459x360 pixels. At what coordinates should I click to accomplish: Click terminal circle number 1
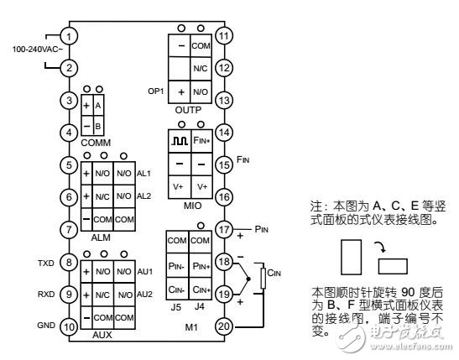70,36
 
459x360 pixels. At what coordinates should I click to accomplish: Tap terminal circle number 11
223,36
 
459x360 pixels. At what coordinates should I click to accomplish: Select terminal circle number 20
223,326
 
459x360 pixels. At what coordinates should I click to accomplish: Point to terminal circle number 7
70,229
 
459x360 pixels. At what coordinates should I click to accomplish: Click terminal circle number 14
223,133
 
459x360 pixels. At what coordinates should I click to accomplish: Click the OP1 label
156,90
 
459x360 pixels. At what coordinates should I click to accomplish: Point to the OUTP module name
190,109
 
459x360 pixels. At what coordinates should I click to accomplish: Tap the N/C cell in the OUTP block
201,68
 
